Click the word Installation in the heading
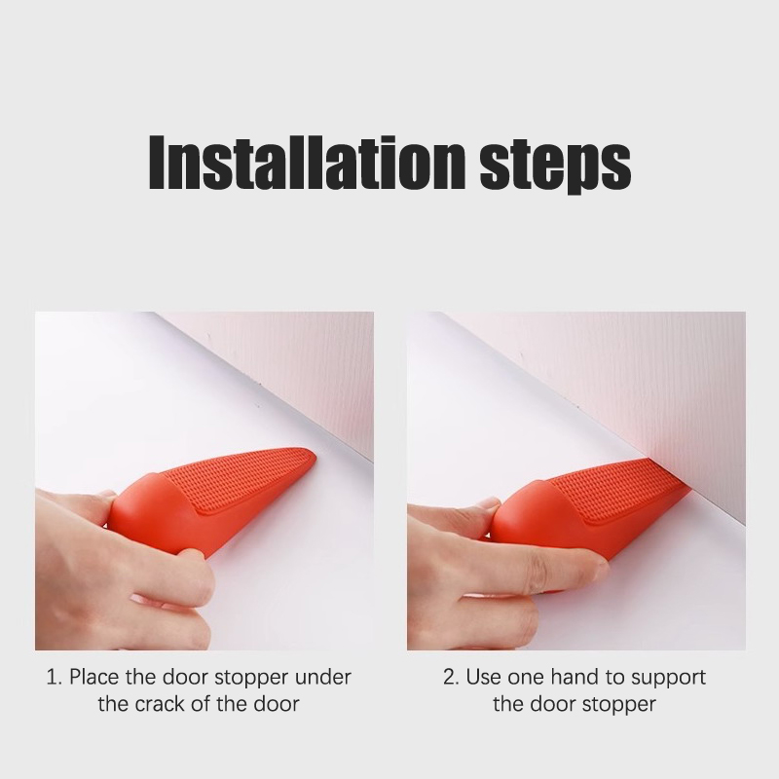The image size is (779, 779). [x=307, y=162]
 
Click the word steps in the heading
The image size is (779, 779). [x=555, y=167]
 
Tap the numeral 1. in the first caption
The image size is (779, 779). [x=55, y=677]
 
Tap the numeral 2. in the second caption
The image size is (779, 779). [x=451, y=677]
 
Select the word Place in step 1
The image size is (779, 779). [x=94, y=677]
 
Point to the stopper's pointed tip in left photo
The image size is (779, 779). [x=314, y=455]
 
